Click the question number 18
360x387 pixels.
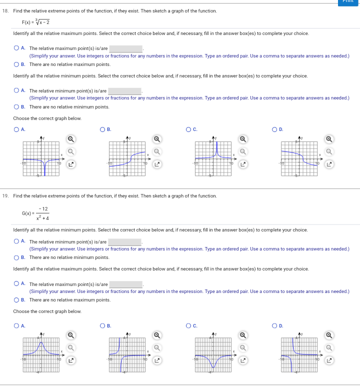coord(5,11)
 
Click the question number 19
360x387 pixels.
coord(5,196)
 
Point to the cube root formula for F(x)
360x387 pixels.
coord(35,22)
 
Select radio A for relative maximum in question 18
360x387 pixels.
coord(16,48)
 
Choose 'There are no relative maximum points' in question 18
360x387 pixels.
coord(16,64)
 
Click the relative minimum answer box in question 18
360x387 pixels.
coord(125,91)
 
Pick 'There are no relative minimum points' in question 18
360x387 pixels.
coord(16,107)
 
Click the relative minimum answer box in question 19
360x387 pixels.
coord(125,242)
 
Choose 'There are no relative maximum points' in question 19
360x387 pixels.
coord(16,300)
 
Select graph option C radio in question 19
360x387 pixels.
coord(189,326)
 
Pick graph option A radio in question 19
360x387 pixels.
coord(16,326)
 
